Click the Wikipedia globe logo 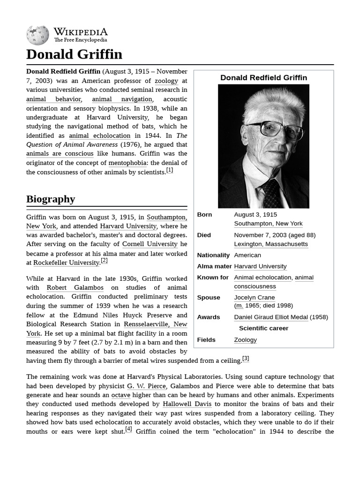[x=37, y=35]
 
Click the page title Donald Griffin [x=74, y=54]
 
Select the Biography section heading [x=51, y=199]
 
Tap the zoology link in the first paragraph [x=166, y=81]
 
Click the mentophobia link [x=127, y=163]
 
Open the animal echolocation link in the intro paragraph [x=99, y=135]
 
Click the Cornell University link [x=150, y=244]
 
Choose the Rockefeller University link [x=66, y=262]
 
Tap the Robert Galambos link [x=75, y=287]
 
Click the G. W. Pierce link [x=146, y=386]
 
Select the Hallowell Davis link [x=187, y=404]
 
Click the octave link [x=120, y=395]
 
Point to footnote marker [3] [x=245, y=359]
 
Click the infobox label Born [x=204, y=215]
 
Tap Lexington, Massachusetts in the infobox [x=271, y=244]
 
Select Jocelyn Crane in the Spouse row [x=255, y=297]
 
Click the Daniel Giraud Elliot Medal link [x=271, y=317]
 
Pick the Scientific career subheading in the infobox [x=263, y=328]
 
